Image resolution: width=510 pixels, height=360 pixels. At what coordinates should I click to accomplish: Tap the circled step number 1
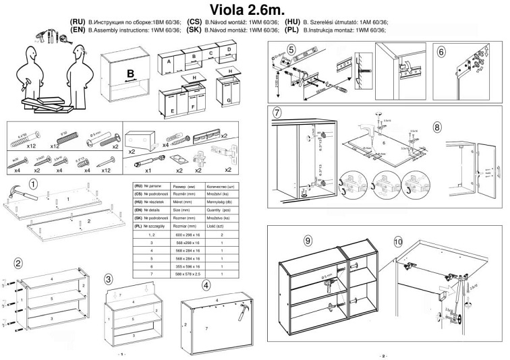coord(33,182)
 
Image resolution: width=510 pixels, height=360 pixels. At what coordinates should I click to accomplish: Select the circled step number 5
coord(291,49)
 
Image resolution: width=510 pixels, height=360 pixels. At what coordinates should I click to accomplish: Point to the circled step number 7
coord(276,113)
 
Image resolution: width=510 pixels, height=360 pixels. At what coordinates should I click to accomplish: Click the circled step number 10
coord(397,241)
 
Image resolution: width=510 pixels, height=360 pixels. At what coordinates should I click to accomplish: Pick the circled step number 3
coord(109,279)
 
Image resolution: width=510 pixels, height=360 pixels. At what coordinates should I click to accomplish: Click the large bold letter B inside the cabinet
coord(131,73)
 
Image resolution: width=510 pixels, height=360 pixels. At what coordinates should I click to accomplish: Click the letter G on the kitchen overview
coord(229,100)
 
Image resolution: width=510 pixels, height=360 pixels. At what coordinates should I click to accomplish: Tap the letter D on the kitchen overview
coord(229,50)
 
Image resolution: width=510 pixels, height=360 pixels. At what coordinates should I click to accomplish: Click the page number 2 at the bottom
coord(383,355)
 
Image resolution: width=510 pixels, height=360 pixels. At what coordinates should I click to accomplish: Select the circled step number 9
coord(308,241)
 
